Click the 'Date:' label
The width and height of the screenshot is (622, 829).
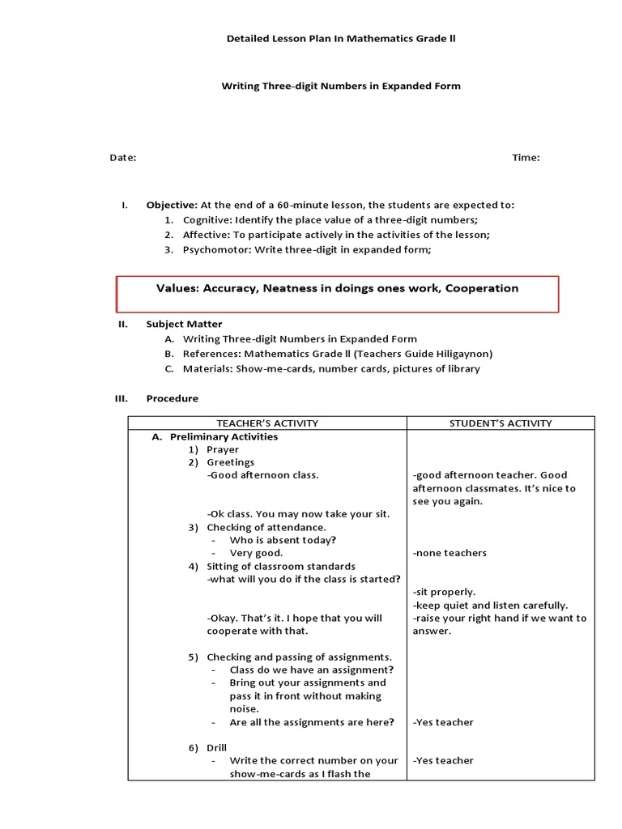[123, 158]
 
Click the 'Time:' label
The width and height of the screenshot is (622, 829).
[526, 158]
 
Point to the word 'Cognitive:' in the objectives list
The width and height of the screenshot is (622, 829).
[207, 219]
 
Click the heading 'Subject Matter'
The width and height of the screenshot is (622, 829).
[184, 324]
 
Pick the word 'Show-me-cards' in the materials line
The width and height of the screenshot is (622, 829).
[269, 368]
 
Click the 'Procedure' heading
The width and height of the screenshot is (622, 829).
[172, 398]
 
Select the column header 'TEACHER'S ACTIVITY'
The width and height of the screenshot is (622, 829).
[267, 423]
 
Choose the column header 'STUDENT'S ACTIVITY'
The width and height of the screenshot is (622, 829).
[501, 423]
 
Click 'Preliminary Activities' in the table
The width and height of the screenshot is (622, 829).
[224, 436]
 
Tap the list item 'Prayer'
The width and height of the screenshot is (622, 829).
[223, 449]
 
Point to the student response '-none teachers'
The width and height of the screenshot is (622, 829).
[449, 553]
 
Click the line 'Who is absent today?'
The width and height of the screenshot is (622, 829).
[283, 540]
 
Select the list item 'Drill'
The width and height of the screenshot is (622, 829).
[217, 747]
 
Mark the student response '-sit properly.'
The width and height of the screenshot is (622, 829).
[444, 592]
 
